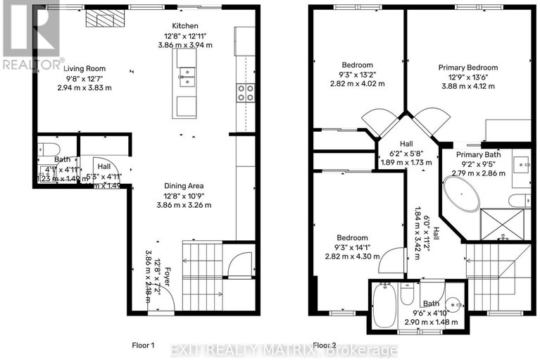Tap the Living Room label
pos(84,68)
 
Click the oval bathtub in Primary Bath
pos(461,194)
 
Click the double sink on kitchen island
pos(187,75)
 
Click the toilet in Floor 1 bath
pos(48,149)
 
